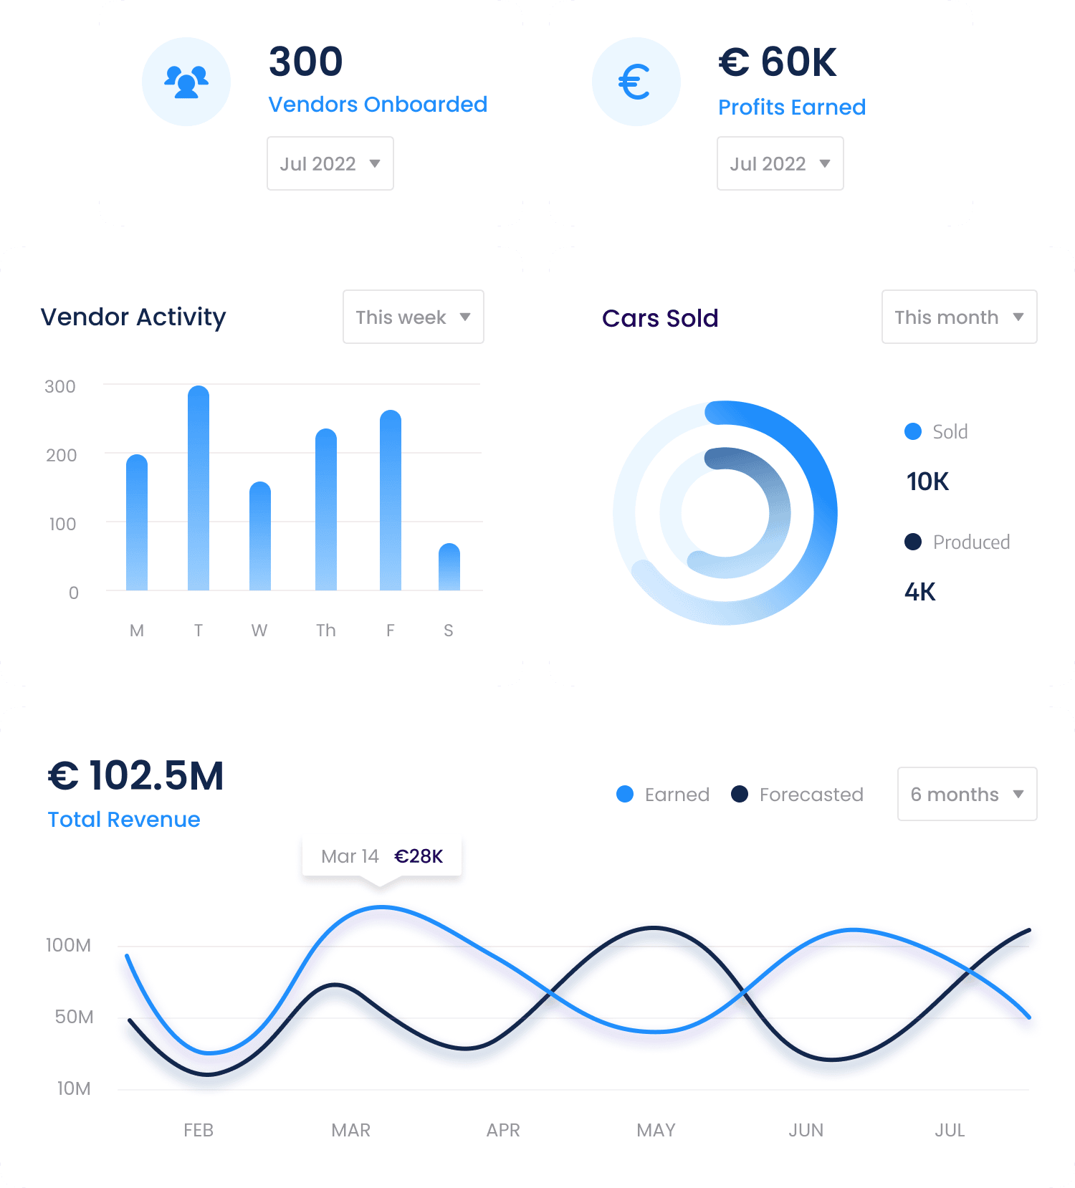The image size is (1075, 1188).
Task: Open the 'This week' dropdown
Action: tap(414, 317)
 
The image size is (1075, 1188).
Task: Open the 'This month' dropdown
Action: tap(959, 317)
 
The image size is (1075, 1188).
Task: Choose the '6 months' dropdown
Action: tap(967, 794)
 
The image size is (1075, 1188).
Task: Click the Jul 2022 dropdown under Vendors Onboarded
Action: tap(330, 163)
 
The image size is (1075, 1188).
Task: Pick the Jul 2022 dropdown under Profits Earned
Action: tap(780, 163)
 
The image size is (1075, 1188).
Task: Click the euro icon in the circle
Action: tap(636, 82)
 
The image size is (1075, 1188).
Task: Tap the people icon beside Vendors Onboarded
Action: tap(186, 82)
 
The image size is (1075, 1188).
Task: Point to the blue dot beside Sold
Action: tap(913, 431)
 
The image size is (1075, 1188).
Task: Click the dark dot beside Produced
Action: tap(913, 542)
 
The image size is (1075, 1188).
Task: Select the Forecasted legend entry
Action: tap(798, 795)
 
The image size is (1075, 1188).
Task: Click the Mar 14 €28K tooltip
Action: tap(382, 856)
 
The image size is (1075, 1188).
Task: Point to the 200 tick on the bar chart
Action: tap(61, 455)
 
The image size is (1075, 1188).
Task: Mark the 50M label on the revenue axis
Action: tap(74, 1017)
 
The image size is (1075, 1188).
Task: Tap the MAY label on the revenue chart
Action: tap(656, 1130)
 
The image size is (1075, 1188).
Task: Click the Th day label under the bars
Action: tap(326, 631)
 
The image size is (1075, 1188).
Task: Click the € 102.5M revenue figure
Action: tap(136, 775)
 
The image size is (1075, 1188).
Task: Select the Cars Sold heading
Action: tap(660, 318)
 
